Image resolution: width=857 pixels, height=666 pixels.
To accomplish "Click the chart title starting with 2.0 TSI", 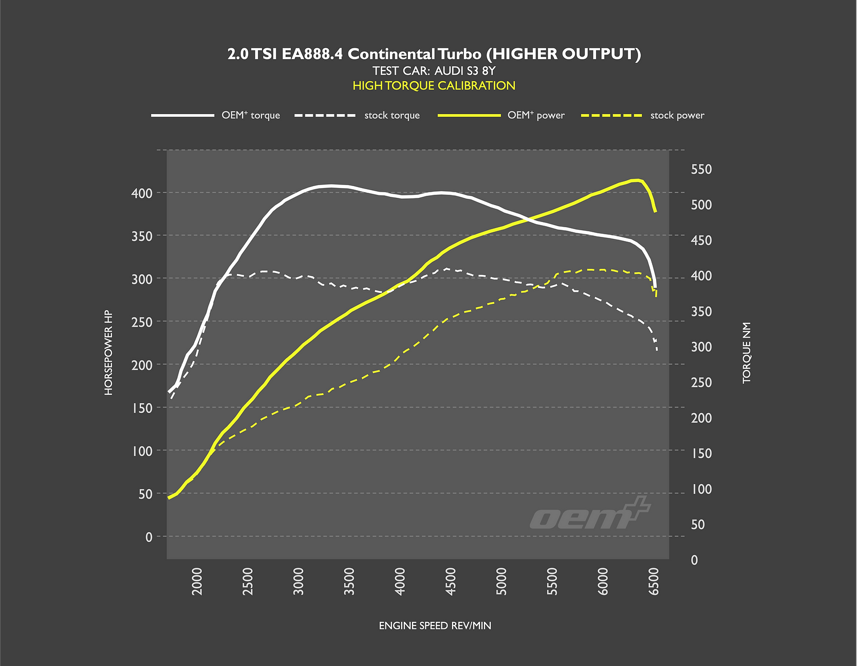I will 434,54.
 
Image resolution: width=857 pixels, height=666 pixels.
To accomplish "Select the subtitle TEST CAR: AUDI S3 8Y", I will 434,71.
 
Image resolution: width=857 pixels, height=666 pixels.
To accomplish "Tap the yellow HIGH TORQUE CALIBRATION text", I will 434,86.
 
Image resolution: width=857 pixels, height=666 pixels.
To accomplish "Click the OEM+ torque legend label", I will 251,115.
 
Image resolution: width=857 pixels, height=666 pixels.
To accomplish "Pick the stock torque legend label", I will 392,115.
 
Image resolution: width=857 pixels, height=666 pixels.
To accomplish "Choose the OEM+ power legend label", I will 536,115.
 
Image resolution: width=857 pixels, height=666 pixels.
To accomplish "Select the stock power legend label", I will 677,115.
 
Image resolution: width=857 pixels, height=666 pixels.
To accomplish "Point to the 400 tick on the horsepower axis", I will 142,193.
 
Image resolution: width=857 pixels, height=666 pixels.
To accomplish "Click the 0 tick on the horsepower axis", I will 148,537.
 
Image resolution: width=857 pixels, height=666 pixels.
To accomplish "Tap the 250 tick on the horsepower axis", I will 142,322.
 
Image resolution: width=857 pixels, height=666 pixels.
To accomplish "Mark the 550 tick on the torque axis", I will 701,170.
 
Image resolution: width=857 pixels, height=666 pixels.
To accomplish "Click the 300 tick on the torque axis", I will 701,347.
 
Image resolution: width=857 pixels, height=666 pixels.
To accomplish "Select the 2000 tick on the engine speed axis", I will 197,581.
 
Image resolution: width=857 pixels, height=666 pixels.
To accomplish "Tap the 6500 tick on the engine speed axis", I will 654,581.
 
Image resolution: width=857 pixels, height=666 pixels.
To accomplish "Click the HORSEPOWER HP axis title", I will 108,353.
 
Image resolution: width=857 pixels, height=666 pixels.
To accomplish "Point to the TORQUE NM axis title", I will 747,353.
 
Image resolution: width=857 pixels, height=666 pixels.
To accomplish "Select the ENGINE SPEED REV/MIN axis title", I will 435,625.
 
